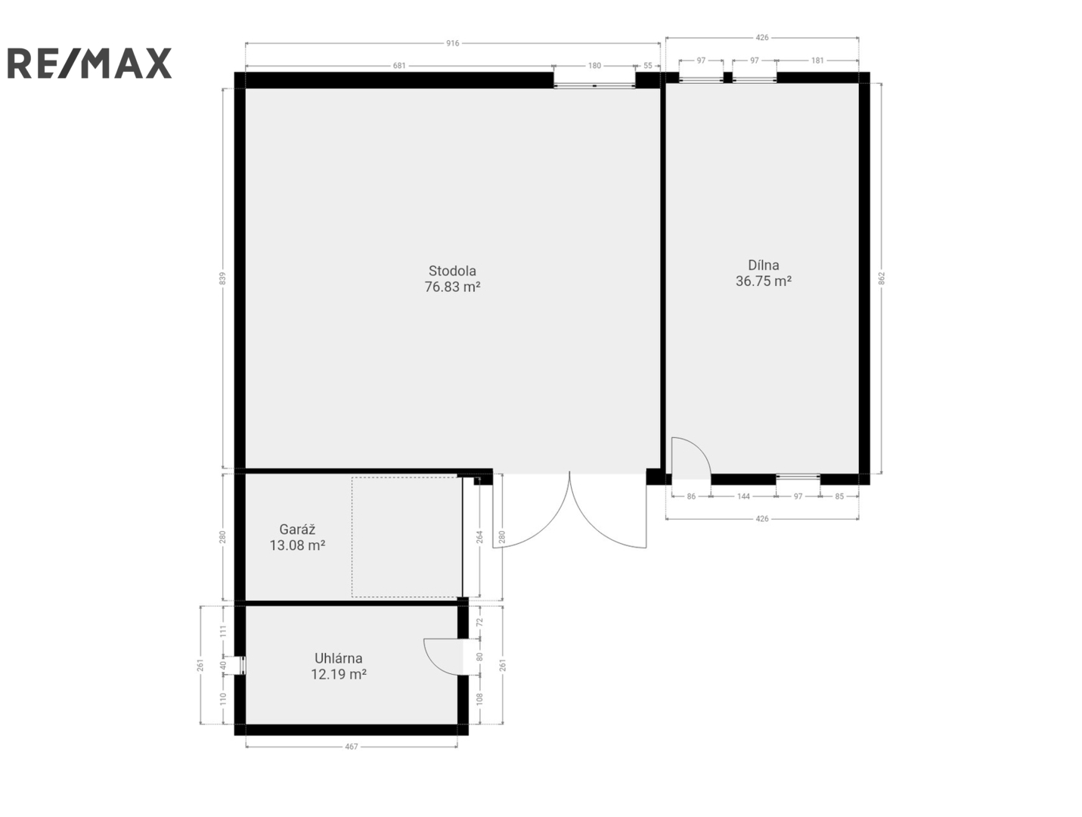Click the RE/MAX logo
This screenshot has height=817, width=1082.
click(x=89, y=63)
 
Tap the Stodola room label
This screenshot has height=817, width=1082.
click(x=452, y=271)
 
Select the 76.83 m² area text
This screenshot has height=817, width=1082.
click(x=452, y=287)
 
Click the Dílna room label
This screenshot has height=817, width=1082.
click(x=763, y=265)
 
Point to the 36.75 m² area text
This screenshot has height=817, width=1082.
click(x=763, y=281)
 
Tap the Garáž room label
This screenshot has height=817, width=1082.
click(x=297, y=529)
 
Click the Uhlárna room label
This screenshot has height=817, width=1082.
click(x=338, y=657)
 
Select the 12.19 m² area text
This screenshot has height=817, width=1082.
click(x=338, y=673)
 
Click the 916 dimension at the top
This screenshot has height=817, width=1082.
click(x=452, y=43)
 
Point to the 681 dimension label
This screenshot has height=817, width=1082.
click(x=398, y=66)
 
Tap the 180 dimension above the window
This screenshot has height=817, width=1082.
click(x=594, y=66)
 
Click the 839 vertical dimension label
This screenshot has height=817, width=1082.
click(x=222, y=278)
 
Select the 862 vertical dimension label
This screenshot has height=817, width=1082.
click(x=882, y=278)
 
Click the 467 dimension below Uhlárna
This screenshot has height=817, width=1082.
click(x=351, y=747)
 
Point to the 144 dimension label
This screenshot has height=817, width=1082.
click(x=743, y=496)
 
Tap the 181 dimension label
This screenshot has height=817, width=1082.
click(x=817, y=61)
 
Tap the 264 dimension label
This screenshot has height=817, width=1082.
click(x=479, y=536)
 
